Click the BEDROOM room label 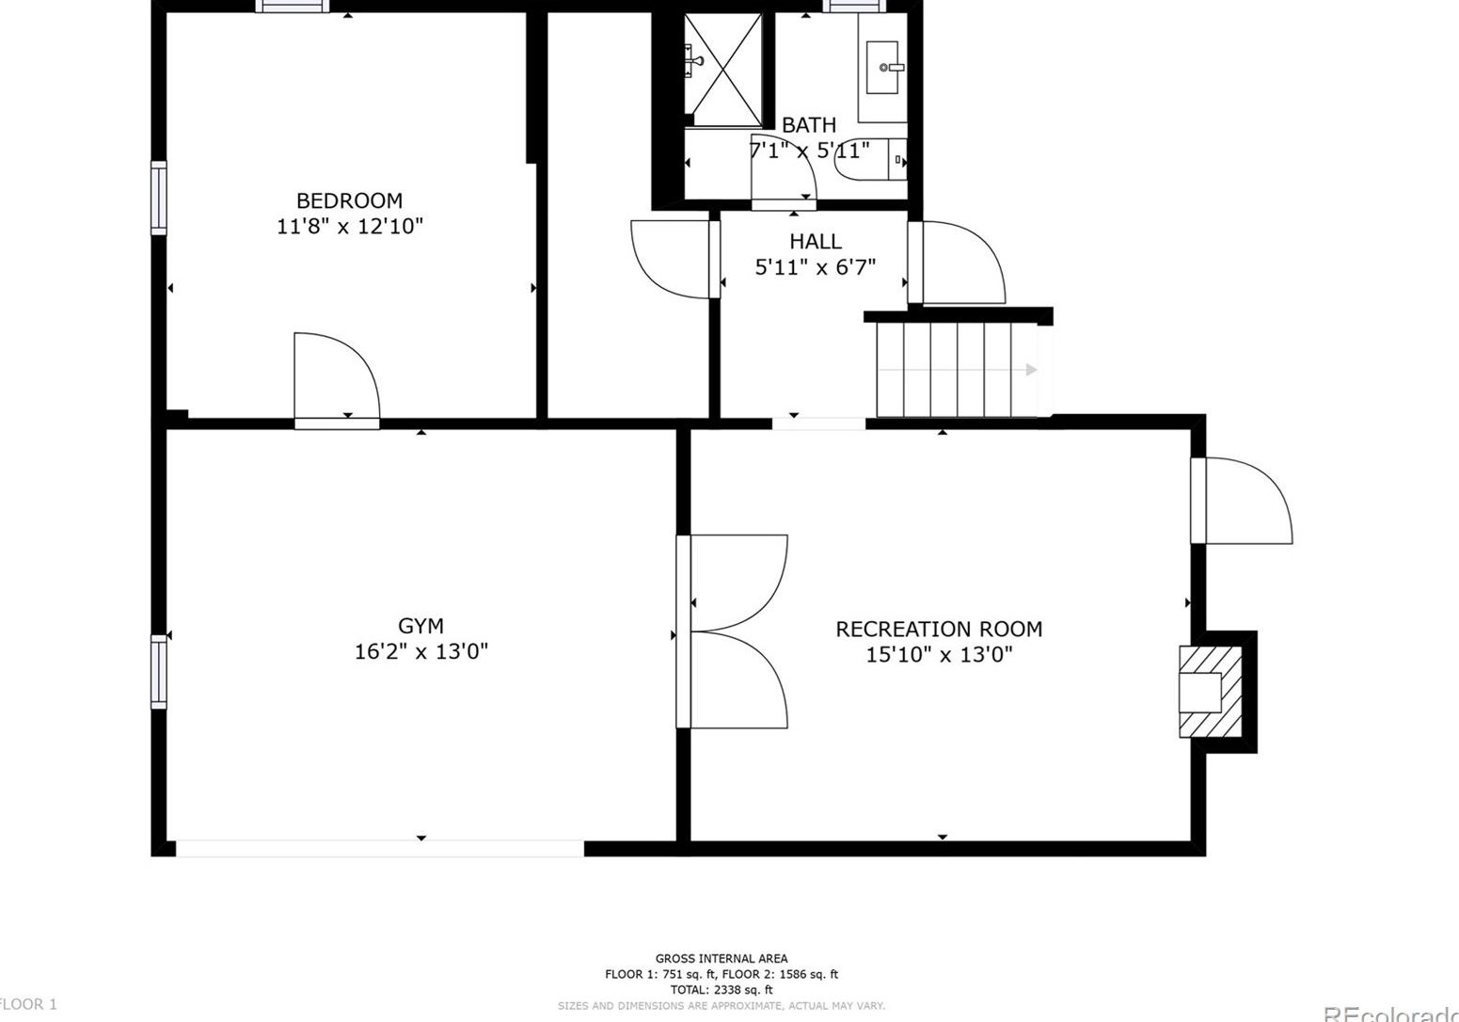click(349, 200)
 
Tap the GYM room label click(420, 626)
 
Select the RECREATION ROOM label click(939, 629)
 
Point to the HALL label click(815, 242)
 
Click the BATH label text click(808, 125)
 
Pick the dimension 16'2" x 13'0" click(420, 651)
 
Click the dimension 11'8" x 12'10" click(349, 226)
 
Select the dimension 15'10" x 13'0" click(939, 654)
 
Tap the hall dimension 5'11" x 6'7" click(815, 267)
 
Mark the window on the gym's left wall click(159, 671)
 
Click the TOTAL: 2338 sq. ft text click(721, 990)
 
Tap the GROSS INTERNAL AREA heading click(721, 959)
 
